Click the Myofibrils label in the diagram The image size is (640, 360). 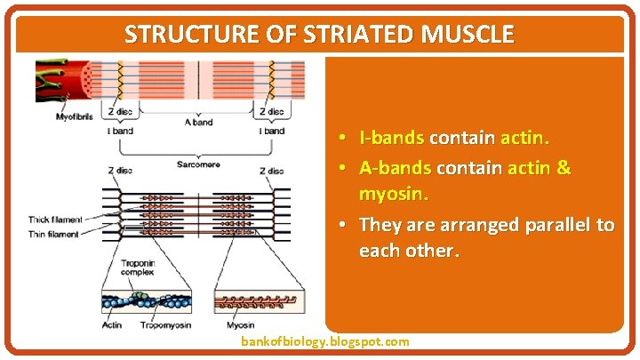point(76,116)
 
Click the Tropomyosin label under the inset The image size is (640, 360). point(166,324)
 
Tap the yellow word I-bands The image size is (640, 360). point(391,139)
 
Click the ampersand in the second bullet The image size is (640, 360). point(562,167)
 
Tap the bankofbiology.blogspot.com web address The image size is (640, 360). point(325,341)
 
